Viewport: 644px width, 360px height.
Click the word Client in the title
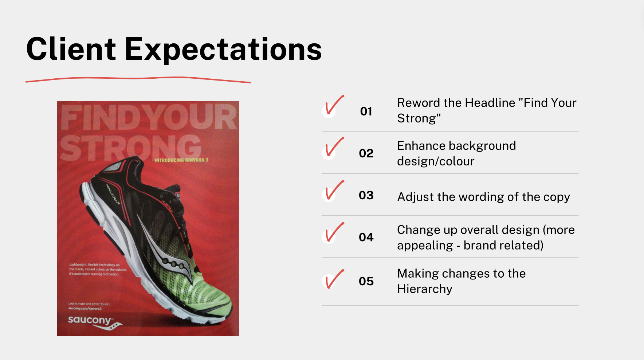tap(71, 49)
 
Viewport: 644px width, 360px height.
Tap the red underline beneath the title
tap(138, 78)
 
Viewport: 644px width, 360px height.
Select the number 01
tap(366, 111)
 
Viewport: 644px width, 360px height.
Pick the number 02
tap(366, 153)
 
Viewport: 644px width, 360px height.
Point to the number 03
tap(366, 195)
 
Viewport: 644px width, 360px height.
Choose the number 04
tap(366, 237)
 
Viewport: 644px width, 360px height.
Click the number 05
tap(366, 281)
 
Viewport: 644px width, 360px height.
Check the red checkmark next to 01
tap(333, 106)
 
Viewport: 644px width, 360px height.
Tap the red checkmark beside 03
tap(333, 191)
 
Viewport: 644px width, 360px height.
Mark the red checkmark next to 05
tap(333, 279)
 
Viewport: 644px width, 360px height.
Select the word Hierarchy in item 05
tap(425, 289)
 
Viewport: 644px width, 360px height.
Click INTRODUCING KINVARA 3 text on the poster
tap(181, 160)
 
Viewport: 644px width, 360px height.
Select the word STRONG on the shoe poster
tap(130, 148)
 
